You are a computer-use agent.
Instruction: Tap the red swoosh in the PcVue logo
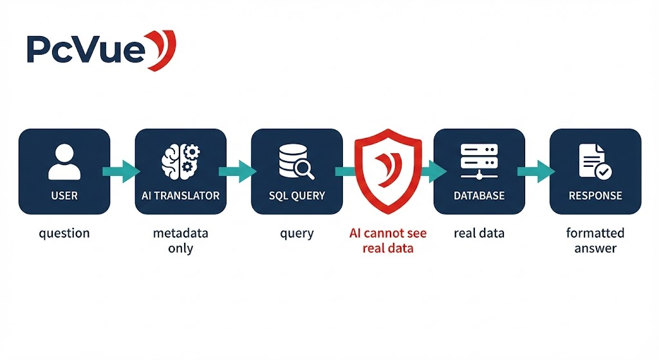pos(162,50)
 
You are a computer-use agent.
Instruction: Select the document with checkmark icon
pos(595,161)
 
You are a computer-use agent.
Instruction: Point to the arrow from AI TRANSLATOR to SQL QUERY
pos(238,171)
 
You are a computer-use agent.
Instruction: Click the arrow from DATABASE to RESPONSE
pos(537,171)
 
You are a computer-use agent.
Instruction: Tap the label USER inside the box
pos(64,195)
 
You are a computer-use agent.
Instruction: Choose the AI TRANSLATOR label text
pos(180,195)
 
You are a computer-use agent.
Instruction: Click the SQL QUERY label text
pos(297,195)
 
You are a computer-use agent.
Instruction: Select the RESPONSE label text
pos(595,195)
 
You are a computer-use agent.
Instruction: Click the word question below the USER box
pos(64,233)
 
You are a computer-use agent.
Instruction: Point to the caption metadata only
pos(180,240)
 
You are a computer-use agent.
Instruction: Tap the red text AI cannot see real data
pos(388,240)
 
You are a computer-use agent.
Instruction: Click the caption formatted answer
pos(595,240)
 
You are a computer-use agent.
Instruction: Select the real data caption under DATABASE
pos(479,233)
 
